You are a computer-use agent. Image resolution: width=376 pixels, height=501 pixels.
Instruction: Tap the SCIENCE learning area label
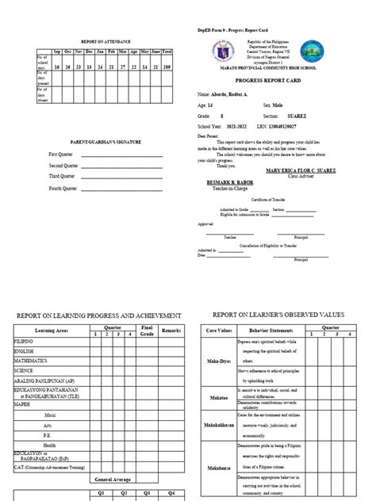(x=24, y=369)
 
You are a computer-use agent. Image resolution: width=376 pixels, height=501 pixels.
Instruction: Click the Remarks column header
(x=172, y=327)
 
